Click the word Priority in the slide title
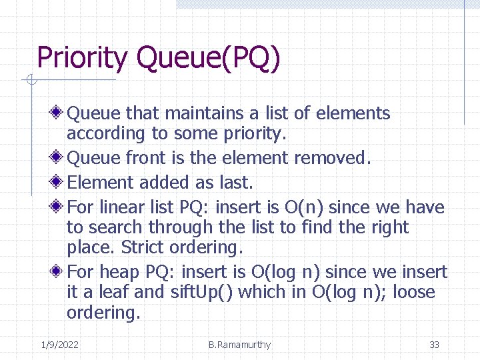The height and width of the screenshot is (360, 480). (81, 58)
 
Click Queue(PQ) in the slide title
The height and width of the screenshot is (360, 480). (207, 58)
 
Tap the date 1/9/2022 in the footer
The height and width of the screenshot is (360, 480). (59, 345)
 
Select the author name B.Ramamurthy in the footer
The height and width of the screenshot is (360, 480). (239, 345)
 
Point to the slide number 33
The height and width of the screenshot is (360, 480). (434, 345)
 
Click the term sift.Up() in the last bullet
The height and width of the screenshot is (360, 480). (199, 292)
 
